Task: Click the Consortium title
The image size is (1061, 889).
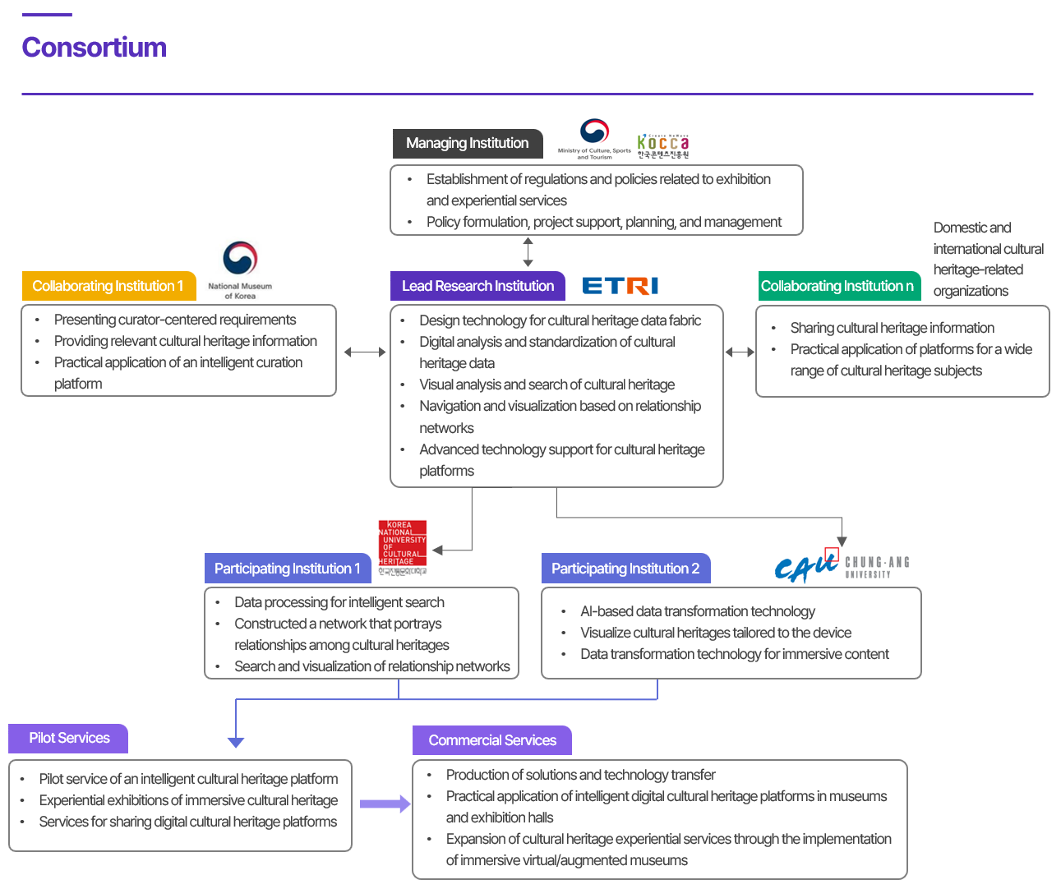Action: click(x=95, y=48)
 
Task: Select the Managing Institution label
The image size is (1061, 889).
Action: click(x=468, y=143)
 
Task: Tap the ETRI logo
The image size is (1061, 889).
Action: click(x=620, y=286)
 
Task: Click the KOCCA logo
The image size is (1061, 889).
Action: click(x=663, y=146)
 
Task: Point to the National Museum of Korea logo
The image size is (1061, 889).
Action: click(x=240, y=269)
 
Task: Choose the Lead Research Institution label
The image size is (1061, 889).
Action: click(x=477, y=286)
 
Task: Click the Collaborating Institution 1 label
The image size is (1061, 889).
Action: click(x=108, y=286)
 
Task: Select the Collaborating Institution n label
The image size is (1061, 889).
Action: click(x=837, y=286)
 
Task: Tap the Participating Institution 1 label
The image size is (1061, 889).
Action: click(x=288, y=569)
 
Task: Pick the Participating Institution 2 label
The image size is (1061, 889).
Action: click(x=625, y=569)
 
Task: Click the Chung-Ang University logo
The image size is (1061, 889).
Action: click(x=842, y=566)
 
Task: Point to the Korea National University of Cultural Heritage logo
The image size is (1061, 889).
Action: click(x=403, y=547)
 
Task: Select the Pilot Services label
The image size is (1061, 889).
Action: click(x=69, y=738)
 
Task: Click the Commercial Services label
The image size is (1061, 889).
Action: click(x=492, y=740)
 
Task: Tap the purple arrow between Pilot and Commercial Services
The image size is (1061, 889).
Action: click(x=385, y=804)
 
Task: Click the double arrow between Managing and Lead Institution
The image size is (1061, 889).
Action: click(x=528, y=251)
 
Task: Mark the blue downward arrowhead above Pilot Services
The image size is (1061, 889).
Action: click(x=236, y=742)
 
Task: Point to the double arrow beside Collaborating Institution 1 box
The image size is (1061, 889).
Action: click(x=365, y=352)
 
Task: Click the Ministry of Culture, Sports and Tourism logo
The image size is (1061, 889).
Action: click(x=594, y=139)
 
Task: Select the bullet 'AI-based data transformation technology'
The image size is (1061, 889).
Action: click(x=698, y=611)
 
